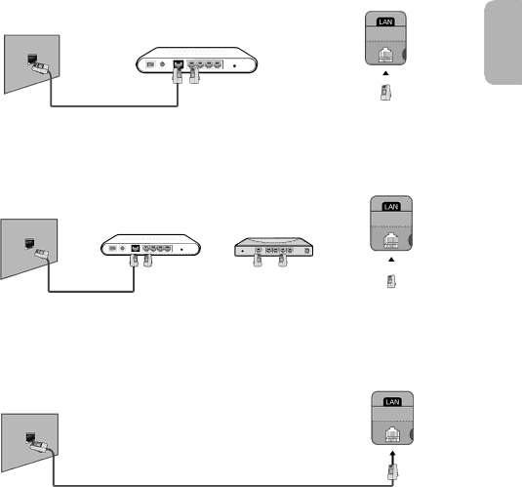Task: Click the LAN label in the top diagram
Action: [385, 22]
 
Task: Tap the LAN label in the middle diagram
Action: [391, 207]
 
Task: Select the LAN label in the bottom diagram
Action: [392, 402]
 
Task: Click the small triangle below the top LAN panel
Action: [385, 73]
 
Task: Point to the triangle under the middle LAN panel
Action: [391, 260]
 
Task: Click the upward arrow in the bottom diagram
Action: [392, 458]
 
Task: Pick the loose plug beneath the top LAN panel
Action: [385, 93]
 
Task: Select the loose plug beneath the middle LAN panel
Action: [391, 281]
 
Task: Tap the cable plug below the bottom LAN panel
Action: [393, 472]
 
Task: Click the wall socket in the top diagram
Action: [32, 59]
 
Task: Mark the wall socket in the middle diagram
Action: [29, 243]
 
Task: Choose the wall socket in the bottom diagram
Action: [30, 437]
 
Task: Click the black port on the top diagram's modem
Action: [179, 64]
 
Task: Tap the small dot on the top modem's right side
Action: [235, 66]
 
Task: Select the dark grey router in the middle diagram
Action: [273, 247]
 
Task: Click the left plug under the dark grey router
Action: [258, 260]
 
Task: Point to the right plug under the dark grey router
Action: [283, 260]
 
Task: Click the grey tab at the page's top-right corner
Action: [503, 42]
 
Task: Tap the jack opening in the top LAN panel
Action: [384, 55]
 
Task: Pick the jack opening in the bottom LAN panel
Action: [392, 434]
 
